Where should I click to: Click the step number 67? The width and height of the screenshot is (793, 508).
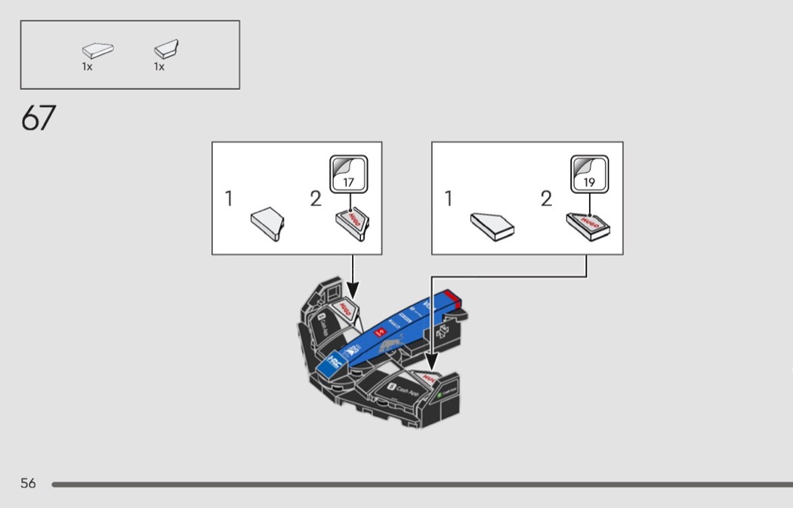pyautogui.click(x=39, y=119)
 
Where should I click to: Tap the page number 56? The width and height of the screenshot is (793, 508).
pyautogui.click(x=28, y=483)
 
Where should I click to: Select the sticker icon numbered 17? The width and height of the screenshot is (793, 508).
pyautogui.click(x=348, y=175)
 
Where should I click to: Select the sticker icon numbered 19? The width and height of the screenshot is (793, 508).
pyautogui.click(x=589, y=175)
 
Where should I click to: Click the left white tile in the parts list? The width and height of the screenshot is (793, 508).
pyautogui.click(x=97, y=51)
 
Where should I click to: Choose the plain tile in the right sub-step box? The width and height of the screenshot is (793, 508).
pyautogui.click(x=492, y=225)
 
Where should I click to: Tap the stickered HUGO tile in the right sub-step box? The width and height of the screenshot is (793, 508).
pyautogui.click(x=591, y=225)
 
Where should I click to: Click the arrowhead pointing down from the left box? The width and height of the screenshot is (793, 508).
pyautogui.click(x=353, y=289)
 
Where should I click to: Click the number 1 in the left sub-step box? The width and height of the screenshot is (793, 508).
pyautogui.click(x=229, y=199)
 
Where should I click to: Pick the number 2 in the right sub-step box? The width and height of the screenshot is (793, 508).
pyautogui.click(x=546, y=199)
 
